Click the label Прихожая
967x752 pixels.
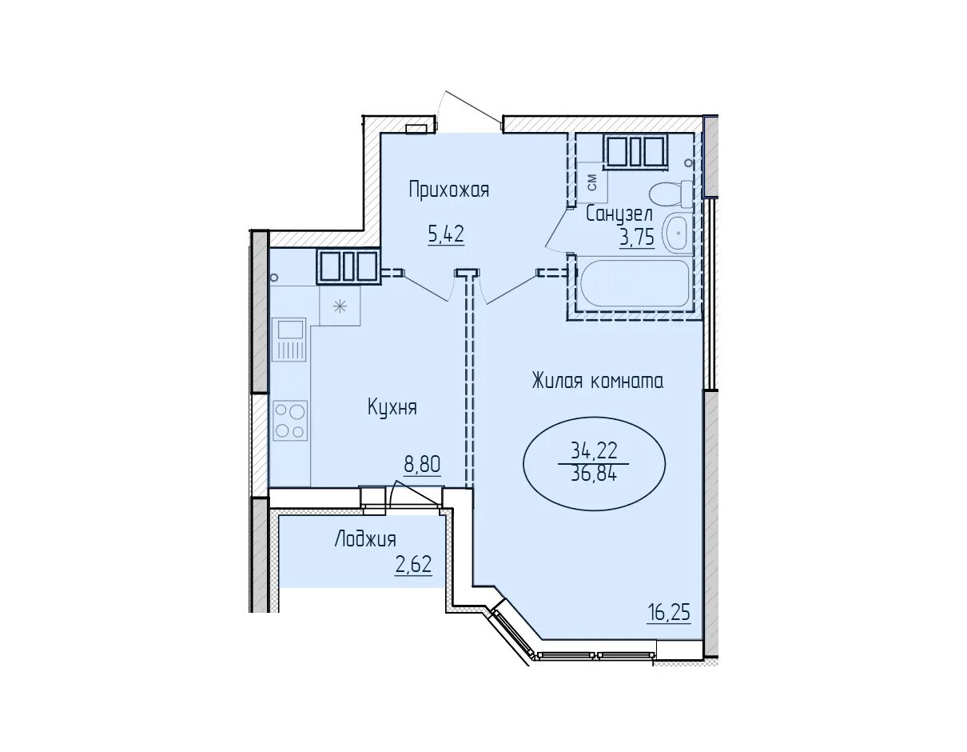point(448,190)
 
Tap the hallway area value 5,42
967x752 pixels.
point(446,234)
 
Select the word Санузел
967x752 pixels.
point(619,214)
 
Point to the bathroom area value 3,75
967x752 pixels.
point(637,238)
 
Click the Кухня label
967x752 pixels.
point(392,407)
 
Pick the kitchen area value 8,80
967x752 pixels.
point(422,464)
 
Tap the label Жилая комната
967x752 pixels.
point(598,382)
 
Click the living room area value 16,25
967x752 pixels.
point(669,613)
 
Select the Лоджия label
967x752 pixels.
point(365,539)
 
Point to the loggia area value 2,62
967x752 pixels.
point(413,566)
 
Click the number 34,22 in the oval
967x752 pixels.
point(594,452)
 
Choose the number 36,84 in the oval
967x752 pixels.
point(594,475)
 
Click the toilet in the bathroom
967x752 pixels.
point(671,194)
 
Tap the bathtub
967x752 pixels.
point(635,284)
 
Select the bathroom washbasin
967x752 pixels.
point(677,232)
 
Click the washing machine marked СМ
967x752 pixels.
point(592,182)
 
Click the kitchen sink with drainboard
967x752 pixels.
point(289,339)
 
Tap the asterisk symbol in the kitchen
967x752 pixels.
point(340,306)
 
